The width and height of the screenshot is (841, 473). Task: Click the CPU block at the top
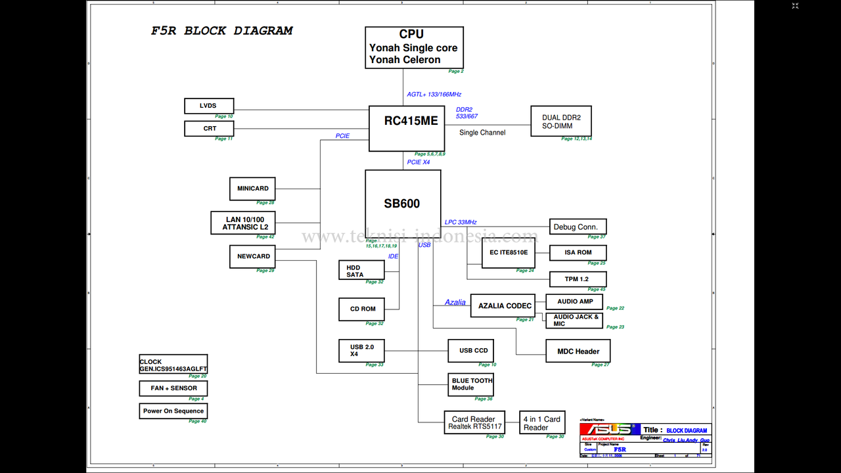coord(414,47)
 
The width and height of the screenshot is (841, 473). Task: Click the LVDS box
coord(209,106)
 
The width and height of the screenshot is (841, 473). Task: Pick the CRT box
coord(209,129)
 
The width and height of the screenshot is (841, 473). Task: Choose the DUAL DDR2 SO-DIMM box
coord(560,121)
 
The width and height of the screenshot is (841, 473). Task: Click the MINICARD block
coord(252,189)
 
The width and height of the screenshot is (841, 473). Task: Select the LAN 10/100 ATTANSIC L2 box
coord(242,223)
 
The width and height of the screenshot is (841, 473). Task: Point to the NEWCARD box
coord(253,256)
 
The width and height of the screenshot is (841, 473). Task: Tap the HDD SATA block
coord(361,270)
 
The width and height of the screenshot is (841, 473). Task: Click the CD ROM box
coord(361,309)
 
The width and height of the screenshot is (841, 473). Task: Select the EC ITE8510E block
coord(508,253)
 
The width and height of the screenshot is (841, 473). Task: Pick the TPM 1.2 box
coord(577,279)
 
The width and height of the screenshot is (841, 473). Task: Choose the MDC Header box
coord(578,351)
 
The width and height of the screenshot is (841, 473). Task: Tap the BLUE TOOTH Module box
coord(470,384)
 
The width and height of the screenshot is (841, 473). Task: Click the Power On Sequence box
coord(173,411)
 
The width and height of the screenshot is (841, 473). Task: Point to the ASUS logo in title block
coord(610,429)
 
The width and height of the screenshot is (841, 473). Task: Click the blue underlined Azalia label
coord(455,303)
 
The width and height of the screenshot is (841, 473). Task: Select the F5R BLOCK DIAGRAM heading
coord(222,31)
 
